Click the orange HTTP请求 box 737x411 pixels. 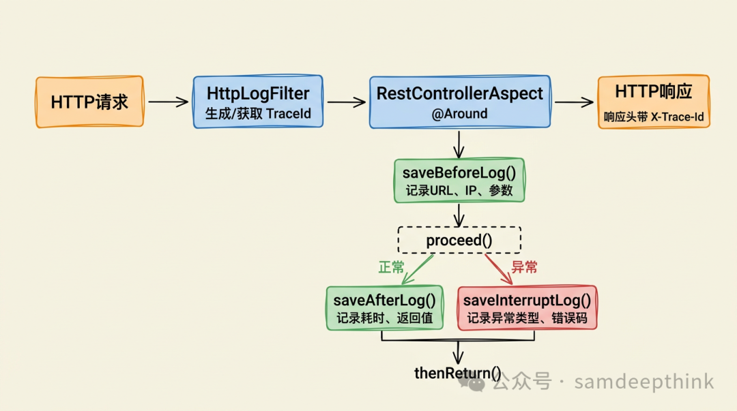(x=89, y=102)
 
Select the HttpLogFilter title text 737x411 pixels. (x=258, y=93)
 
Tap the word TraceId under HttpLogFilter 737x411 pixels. (x=289, y=113)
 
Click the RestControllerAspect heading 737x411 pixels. (x=459, y=93)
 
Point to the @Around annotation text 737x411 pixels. (x=459, y=114)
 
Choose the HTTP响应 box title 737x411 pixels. (x=653, y=92)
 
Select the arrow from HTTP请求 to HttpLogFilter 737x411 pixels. (x=168, y=102)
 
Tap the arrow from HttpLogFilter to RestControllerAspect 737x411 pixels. (x=346, y=102)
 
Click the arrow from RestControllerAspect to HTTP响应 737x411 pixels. (x=573, y=102)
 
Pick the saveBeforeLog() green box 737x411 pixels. (x=459, y=181)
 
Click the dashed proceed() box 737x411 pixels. (x=459, y=240)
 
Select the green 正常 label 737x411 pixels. (x=391, y=267)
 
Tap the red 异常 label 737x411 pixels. (x=524, y=267)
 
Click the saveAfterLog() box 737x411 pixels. (x=384, y=308)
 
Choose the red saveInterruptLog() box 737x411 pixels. (x=527, y=308)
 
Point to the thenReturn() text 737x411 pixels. (x=457, y=373)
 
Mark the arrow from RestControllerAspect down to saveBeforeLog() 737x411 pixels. (x=459, y=144)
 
